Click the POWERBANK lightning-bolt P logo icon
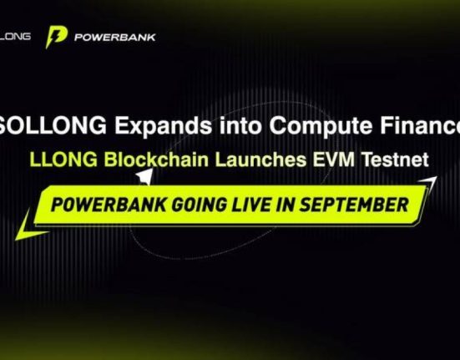[x=56, y=37]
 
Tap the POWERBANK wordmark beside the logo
[x=114, y=38]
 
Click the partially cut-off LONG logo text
[x=15, y=37]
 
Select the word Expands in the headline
[x=163, y=125]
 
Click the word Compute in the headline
[x=321, y=125]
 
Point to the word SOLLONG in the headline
[x=53, y=125]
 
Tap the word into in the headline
[x=240, y=125]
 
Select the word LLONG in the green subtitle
[x=63, y=160]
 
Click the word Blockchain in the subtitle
[x=157, y=160]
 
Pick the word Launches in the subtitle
[x=260, y=160]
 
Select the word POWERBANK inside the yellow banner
[x=109, y=205]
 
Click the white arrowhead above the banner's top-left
[x=145, y=176]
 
